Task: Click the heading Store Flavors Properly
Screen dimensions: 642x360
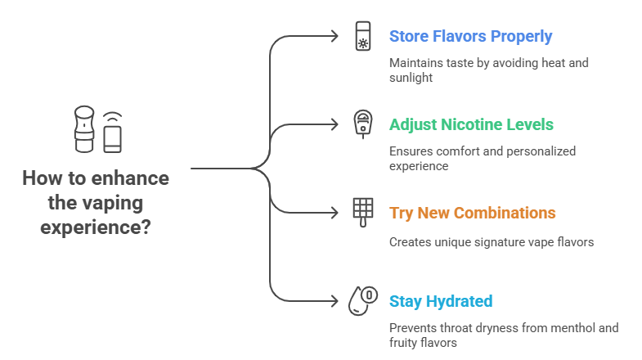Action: (x=470, y=37)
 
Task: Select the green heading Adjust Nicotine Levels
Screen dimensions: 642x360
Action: (x=471, y=124)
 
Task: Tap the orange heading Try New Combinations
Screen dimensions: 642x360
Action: (x=473, y=213)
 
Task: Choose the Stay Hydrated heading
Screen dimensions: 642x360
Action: (x=441, y=301)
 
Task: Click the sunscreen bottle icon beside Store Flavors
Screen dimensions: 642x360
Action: (x=363, y=36)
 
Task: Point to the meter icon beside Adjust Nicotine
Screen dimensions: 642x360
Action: (x=363, y=124)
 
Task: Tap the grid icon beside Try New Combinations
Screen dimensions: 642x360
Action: (x=363, y=212)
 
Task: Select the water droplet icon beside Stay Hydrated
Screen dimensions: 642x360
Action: (x=363, y=300)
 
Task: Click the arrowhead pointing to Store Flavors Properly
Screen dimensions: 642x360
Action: (x=334, y=36)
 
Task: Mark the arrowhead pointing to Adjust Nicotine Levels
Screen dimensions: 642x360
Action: (x=334, y=124)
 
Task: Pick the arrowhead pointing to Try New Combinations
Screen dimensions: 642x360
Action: (x=334, y=213)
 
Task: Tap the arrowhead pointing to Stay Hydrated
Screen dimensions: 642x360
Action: (x=334, y=301)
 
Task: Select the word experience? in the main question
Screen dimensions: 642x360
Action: (x=96, y=227)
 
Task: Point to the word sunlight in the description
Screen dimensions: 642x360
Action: (x=411, y=78)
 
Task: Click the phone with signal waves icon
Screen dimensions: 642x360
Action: (x=112, y=133)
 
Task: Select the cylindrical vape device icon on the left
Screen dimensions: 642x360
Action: (x=84, y=129)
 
